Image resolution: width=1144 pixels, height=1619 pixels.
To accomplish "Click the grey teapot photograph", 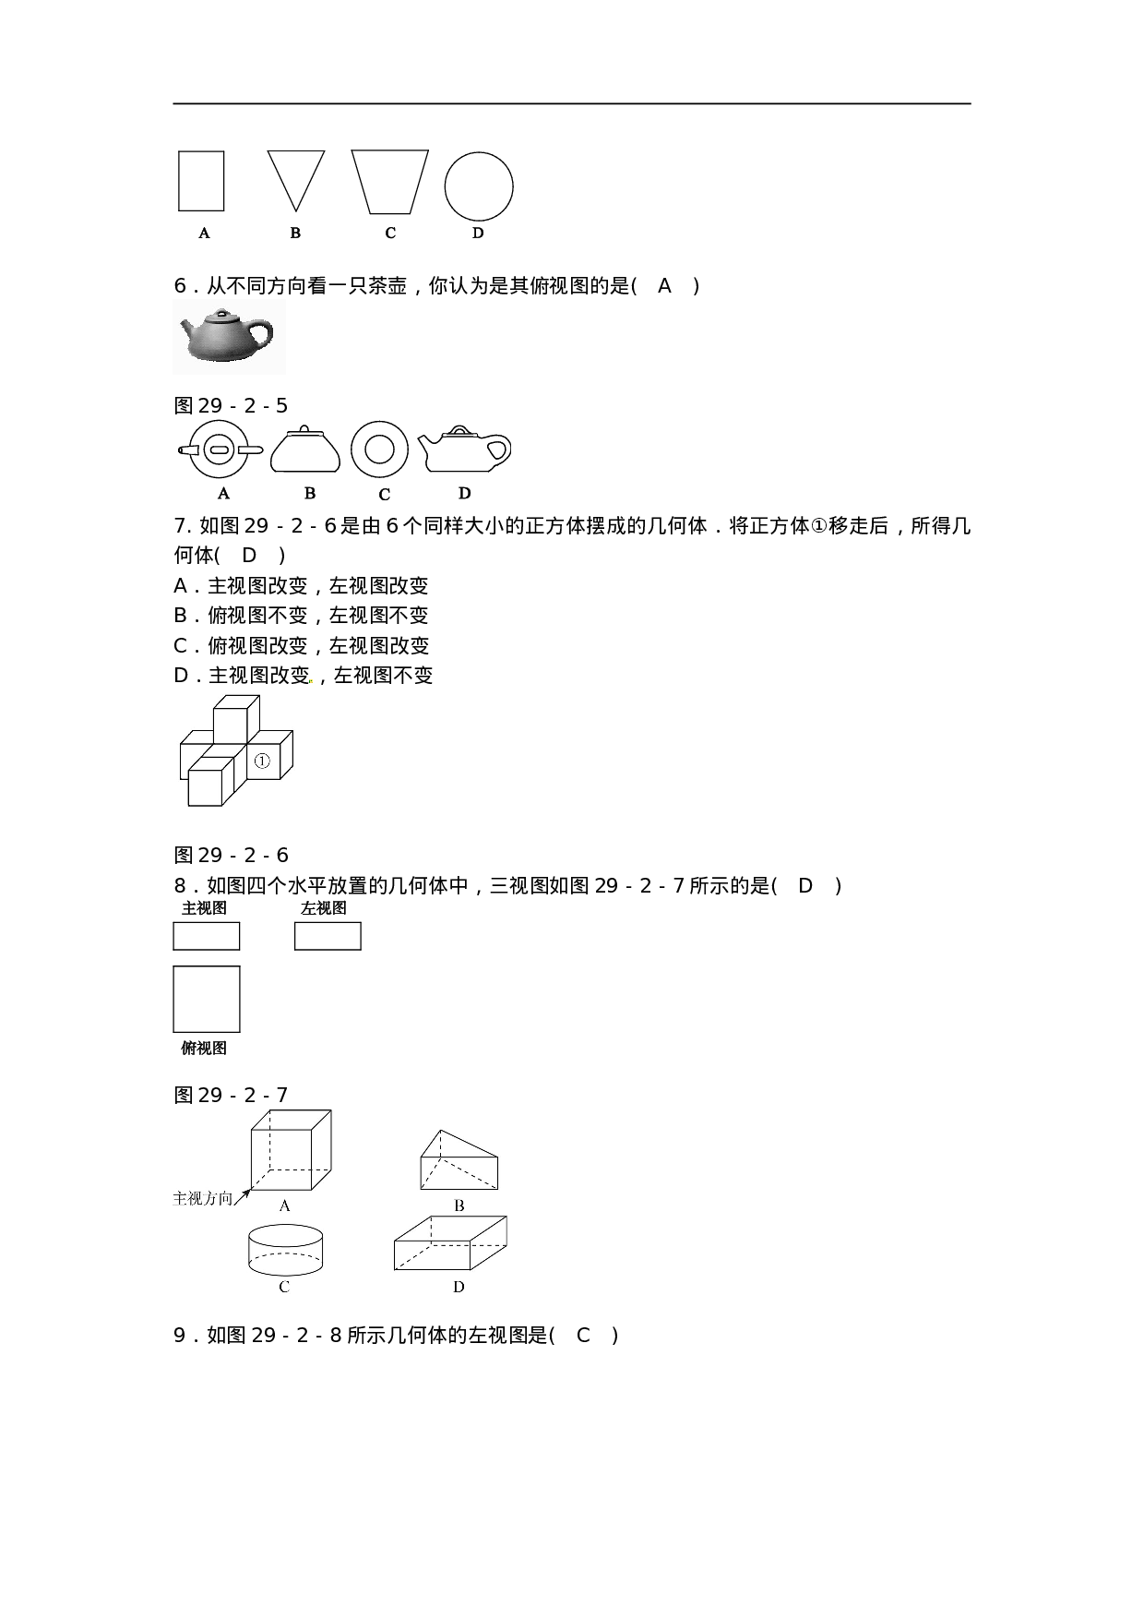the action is click(229, 337).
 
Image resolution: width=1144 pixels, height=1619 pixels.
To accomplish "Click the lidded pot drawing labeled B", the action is click(305, 450).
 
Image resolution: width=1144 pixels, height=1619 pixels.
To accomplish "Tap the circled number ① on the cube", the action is click(262, 762).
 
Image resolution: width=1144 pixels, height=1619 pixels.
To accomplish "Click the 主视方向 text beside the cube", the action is click(203, 1198).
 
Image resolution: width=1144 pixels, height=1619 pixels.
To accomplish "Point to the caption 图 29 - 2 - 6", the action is click(232, 855).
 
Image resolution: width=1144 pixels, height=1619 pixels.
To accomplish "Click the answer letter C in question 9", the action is click(583, 1335).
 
